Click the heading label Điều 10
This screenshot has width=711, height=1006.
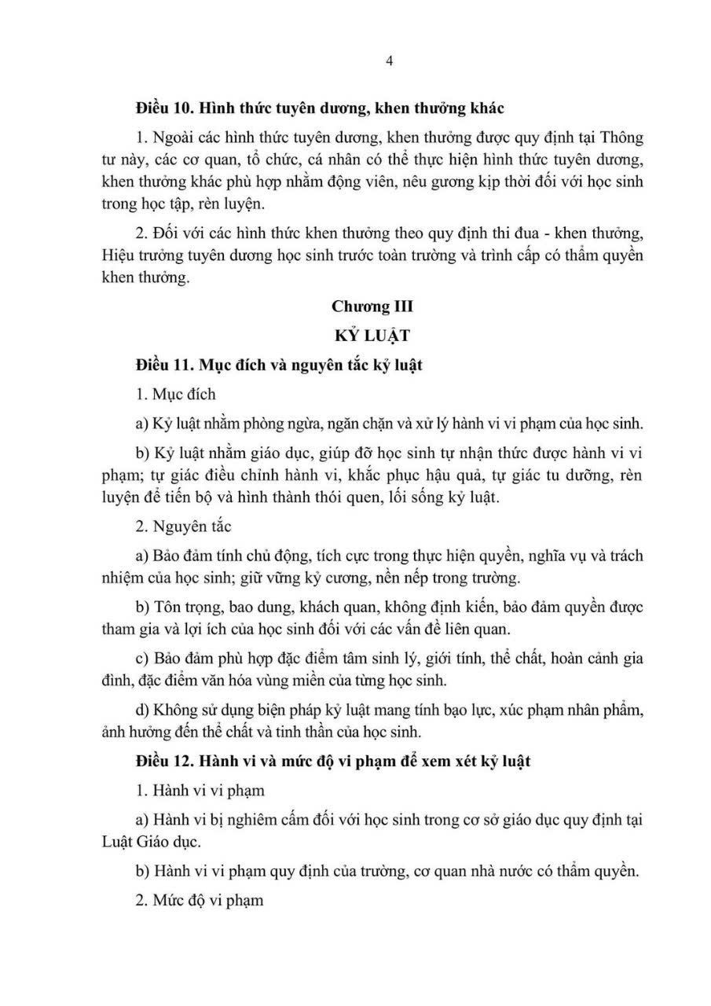[x=162, y=107]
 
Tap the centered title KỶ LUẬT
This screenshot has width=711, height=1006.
[x=372, y=336]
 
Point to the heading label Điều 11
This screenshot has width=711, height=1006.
[x=162, y=365]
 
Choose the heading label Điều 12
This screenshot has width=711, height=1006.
[x=162, y=762]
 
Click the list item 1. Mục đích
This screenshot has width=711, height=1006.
[x=175, y=395]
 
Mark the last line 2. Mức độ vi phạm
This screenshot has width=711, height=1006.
[x=200, y=901]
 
